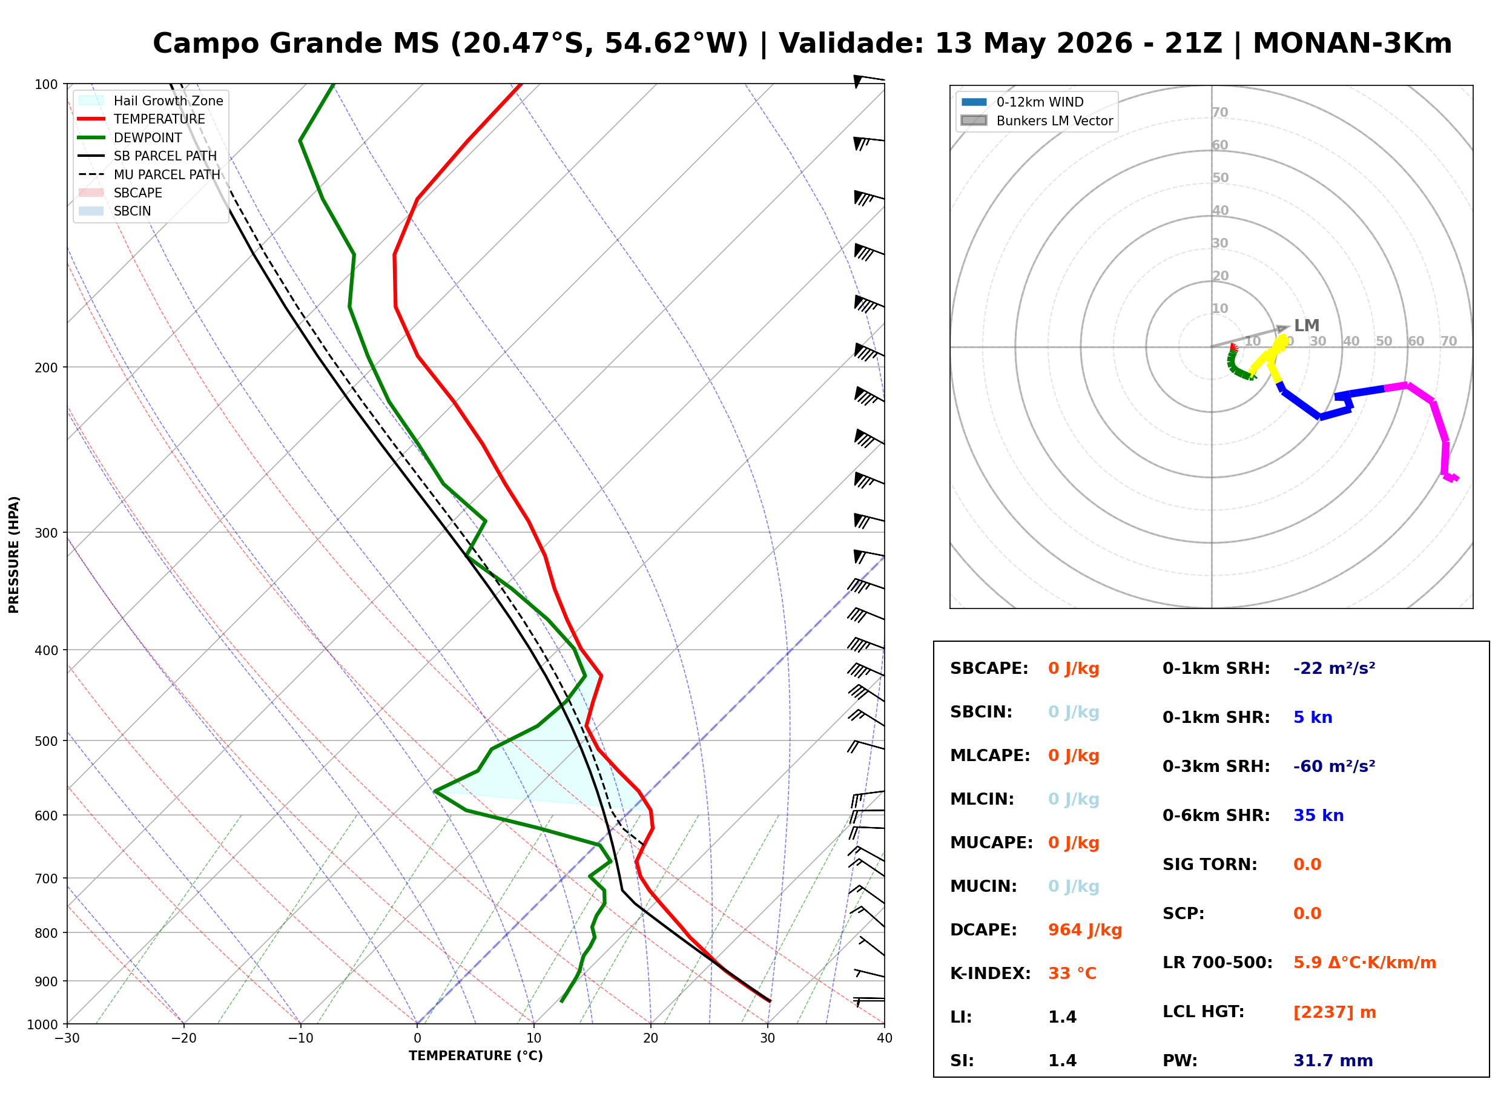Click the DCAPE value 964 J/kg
pyautogui.click(x=1085, y=930)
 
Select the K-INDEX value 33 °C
pyautogui.click(x=1072, y=974)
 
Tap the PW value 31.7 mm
pyautogui.click(x=1333, y=1061)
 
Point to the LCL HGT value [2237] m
pyautogui.click(x=1335, y=1012)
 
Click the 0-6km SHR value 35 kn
pyautogui.click(x=1318, y=816)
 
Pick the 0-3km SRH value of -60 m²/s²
pyautogui.click(x=1335, y=766)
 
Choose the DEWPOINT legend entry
pyautogui.click(x=148, y=137)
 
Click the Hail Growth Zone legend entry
pyautogui.click(x=168, y=101)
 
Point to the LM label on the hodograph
pyautogui.click(x=1306, y=326)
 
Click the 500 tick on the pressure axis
pyautogui.click(x=46, y=741)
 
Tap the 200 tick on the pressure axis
pyautogui.click(x=46, y=368)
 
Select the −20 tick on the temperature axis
pyautogui.click(x=183, y=1038)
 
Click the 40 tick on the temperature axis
pyautogui.click(x=885, y=1038)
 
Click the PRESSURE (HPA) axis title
pyautogui.click(x=14, y=555)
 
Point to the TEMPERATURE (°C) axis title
pyautogui.click(x=476, y=1056)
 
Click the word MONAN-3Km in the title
pyautogui.click(x=1353, y=44)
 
